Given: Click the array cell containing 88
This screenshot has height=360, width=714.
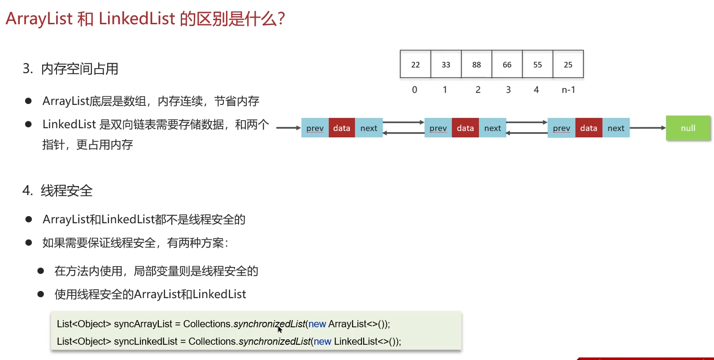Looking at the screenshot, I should (x=476, y=65).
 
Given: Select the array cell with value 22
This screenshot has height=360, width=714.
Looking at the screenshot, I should (x=415, y=65).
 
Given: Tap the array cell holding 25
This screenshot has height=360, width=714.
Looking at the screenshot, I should (x=568, y=65).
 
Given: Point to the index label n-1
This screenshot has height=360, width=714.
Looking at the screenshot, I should (x=568, y=90).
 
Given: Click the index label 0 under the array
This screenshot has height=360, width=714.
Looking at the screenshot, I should (x=414, y=90).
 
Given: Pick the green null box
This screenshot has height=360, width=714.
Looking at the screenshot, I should (x=688, y=128).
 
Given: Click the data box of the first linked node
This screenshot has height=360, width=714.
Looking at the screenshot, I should (x=342, y=128).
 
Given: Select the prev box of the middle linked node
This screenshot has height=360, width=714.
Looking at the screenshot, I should (x=438, y=128).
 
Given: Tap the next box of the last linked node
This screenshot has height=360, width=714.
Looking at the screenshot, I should (x=616, y=128).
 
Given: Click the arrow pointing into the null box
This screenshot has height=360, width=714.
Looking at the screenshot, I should (x=648, y=128).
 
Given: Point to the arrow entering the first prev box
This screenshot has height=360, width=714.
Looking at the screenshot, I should (x=288, y=128).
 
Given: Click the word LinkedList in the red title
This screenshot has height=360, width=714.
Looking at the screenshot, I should (x=137, y=19).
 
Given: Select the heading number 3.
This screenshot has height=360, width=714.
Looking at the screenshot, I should (x=28, y=69).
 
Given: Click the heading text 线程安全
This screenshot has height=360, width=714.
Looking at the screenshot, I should (x=67, y=191).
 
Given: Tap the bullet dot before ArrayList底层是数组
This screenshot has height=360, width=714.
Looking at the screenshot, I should (x=28, y=101).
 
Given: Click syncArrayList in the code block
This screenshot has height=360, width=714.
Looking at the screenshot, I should (x=143, y=324).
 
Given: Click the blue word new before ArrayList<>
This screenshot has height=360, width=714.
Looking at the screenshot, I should (x=317, y=324).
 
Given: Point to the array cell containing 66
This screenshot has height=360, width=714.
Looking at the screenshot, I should (x=507, y=65).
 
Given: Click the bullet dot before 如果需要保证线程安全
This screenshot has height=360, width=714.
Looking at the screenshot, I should (x=29, y=243).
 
